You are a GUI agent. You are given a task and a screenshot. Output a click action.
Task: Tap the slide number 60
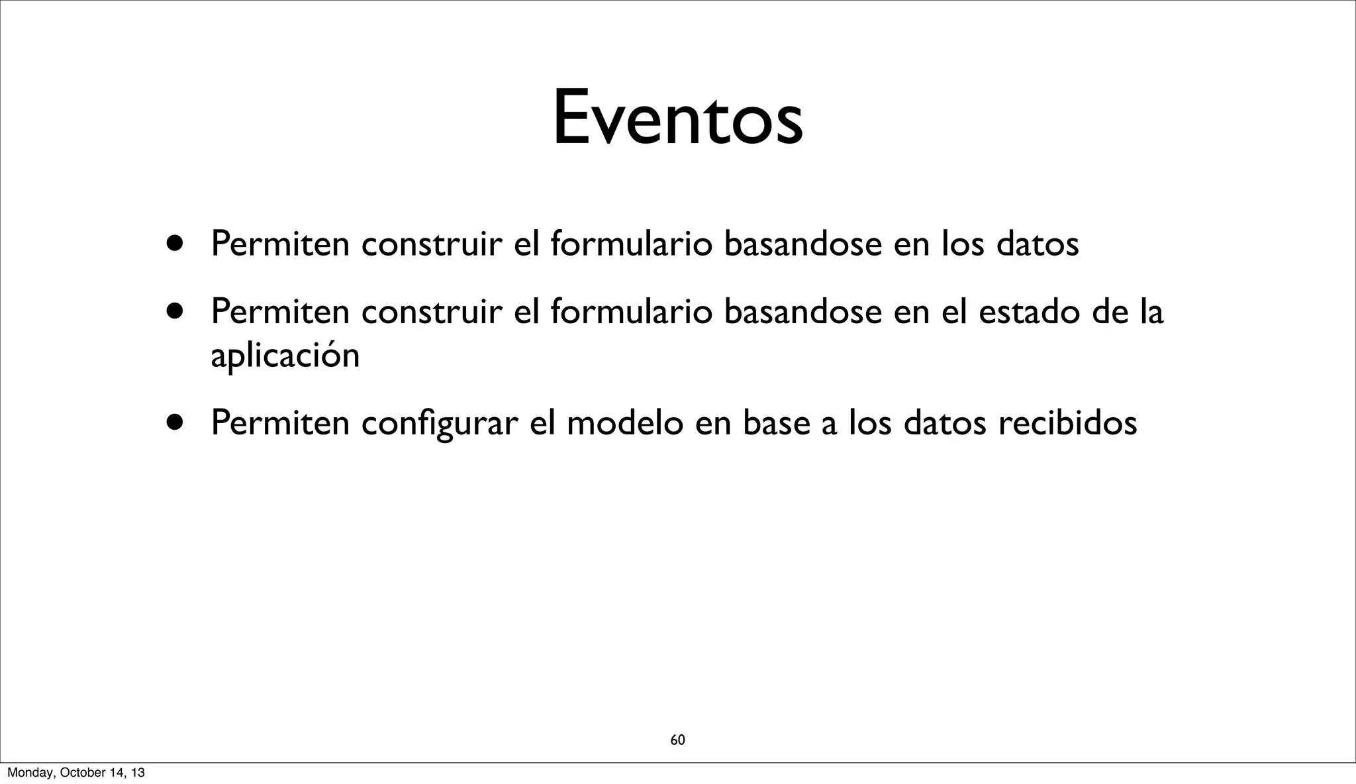(677, 740)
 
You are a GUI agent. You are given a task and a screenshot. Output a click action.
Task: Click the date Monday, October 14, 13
(75, 773)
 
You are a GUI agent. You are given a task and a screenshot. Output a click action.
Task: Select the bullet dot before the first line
(175, 243)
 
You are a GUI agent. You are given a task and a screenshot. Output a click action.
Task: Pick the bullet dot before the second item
(175, 311)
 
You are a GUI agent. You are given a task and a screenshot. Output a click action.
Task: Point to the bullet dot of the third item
(175, 422)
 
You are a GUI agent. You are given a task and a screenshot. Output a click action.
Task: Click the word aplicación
(285, 356)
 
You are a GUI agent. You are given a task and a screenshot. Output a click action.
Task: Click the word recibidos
(1067, 422)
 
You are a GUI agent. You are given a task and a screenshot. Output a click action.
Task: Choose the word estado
(1029, 311)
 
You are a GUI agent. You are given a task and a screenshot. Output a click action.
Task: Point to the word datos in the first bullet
(1038, 243)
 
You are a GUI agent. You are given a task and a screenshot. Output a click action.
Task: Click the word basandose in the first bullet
(802, 243)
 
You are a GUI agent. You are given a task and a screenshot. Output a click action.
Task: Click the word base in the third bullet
(776, 422)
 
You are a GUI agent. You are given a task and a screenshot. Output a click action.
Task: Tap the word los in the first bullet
(963, 243)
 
